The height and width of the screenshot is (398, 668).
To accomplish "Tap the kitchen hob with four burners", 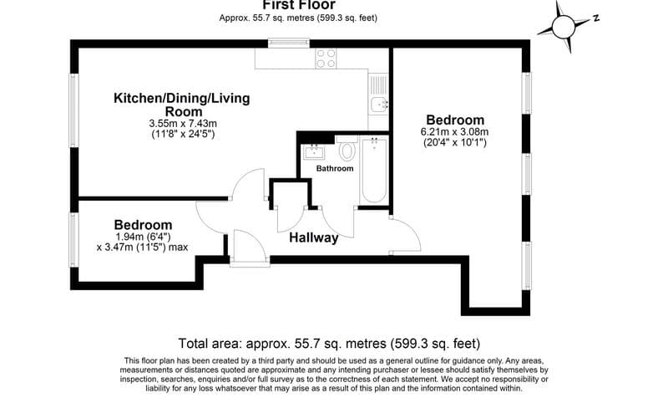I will (x=326, y=59).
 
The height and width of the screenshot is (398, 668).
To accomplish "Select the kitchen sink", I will (x=377, y=104).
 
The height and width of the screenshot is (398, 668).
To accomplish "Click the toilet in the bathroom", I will (x=347, y=151).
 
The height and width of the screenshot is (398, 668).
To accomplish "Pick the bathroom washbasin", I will (x=315, y=151).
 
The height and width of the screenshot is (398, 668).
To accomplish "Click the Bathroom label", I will (x=334, y=168).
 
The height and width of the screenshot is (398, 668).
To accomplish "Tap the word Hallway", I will (x=313, y=237).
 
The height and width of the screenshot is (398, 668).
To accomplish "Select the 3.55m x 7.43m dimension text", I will (x=182, y=124).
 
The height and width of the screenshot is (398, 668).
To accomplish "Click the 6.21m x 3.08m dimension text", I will (x=454, y=132).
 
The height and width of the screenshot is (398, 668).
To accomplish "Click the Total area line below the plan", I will (x=330, y=344).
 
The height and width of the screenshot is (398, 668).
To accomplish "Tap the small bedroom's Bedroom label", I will (x=143, y=225).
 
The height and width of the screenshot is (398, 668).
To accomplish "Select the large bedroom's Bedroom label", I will (x=454, y=120).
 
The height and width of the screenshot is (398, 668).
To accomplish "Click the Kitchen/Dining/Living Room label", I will (x=181, y=105).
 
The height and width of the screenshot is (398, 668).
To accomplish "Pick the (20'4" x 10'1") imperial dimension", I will (x=454, y=143).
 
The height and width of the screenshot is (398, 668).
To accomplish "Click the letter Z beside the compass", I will (x=597, y=17).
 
